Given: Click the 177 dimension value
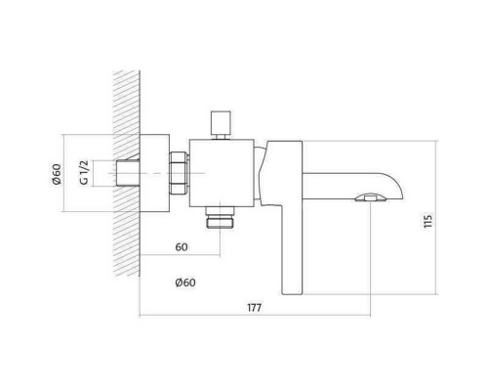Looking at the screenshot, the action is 254,308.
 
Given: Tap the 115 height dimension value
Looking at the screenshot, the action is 428,221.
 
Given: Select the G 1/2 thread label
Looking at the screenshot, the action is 84,173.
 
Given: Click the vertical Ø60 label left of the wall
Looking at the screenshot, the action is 57,174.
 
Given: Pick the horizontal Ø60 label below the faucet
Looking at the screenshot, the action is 185,282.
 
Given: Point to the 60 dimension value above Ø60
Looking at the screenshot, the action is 182,247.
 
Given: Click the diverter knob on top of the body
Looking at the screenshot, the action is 221,125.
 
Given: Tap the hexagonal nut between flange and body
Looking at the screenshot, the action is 179,173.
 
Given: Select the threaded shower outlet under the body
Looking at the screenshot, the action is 220,217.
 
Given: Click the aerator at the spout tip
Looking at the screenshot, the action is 371,197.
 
